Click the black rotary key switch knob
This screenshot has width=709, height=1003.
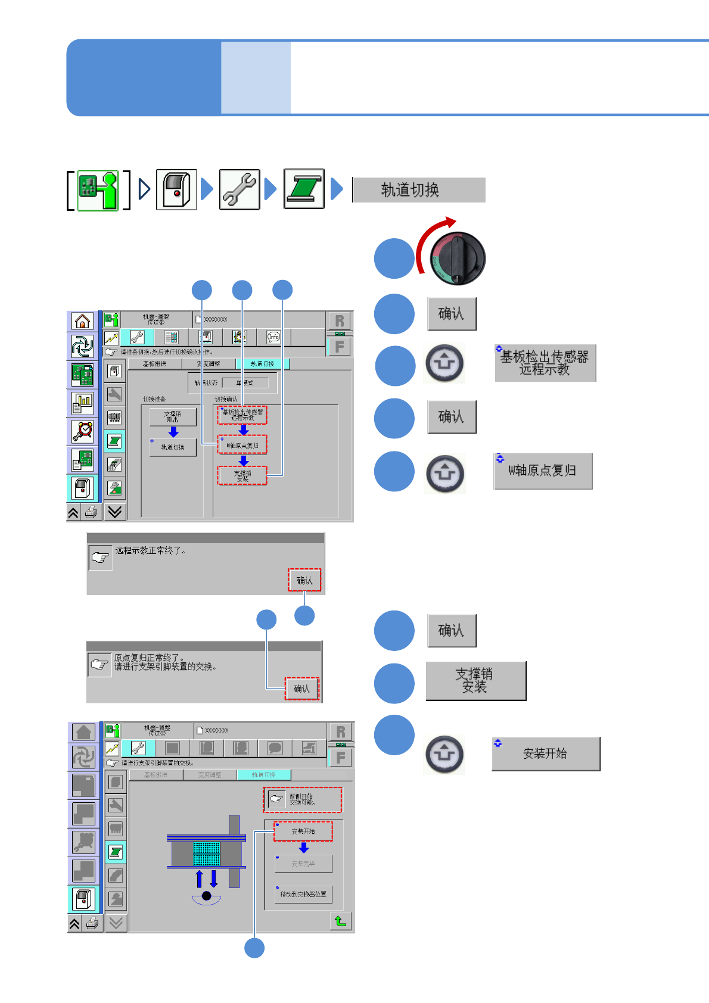point(458,258)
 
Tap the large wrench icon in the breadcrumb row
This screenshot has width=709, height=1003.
point(240,189)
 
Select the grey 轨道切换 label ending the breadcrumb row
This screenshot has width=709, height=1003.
point(419,190)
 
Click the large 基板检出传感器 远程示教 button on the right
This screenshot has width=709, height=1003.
point(545,363)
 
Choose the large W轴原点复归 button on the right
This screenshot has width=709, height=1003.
point(543,471)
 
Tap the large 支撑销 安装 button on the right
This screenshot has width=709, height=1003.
point(475,681)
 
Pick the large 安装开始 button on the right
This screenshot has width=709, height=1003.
point(545,754)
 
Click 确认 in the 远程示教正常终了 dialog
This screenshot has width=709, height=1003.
point(304,580)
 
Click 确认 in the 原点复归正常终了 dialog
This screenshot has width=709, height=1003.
point(301,689)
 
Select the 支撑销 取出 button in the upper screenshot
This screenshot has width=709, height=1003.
point(173,416)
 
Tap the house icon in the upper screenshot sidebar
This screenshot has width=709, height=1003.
point(82,321)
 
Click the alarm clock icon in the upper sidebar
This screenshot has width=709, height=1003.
point(83,431)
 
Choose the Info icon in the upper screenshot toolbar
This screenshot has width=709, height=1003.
point(273,337)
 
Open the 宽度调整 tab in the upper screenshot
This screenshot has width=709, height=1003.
point(209,364)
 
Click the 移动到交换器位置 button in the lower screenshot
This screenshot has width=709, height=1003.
point(303,894)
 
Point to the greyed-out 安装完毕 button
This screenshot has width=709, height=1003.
point(303,864)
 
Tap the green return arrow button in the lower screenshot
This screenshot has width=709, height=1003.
point(341,921)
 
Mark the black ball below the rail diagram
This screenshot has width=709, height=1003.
point(207,895)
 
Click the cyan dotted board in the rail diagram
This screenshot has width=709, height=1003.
point(207,853)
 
